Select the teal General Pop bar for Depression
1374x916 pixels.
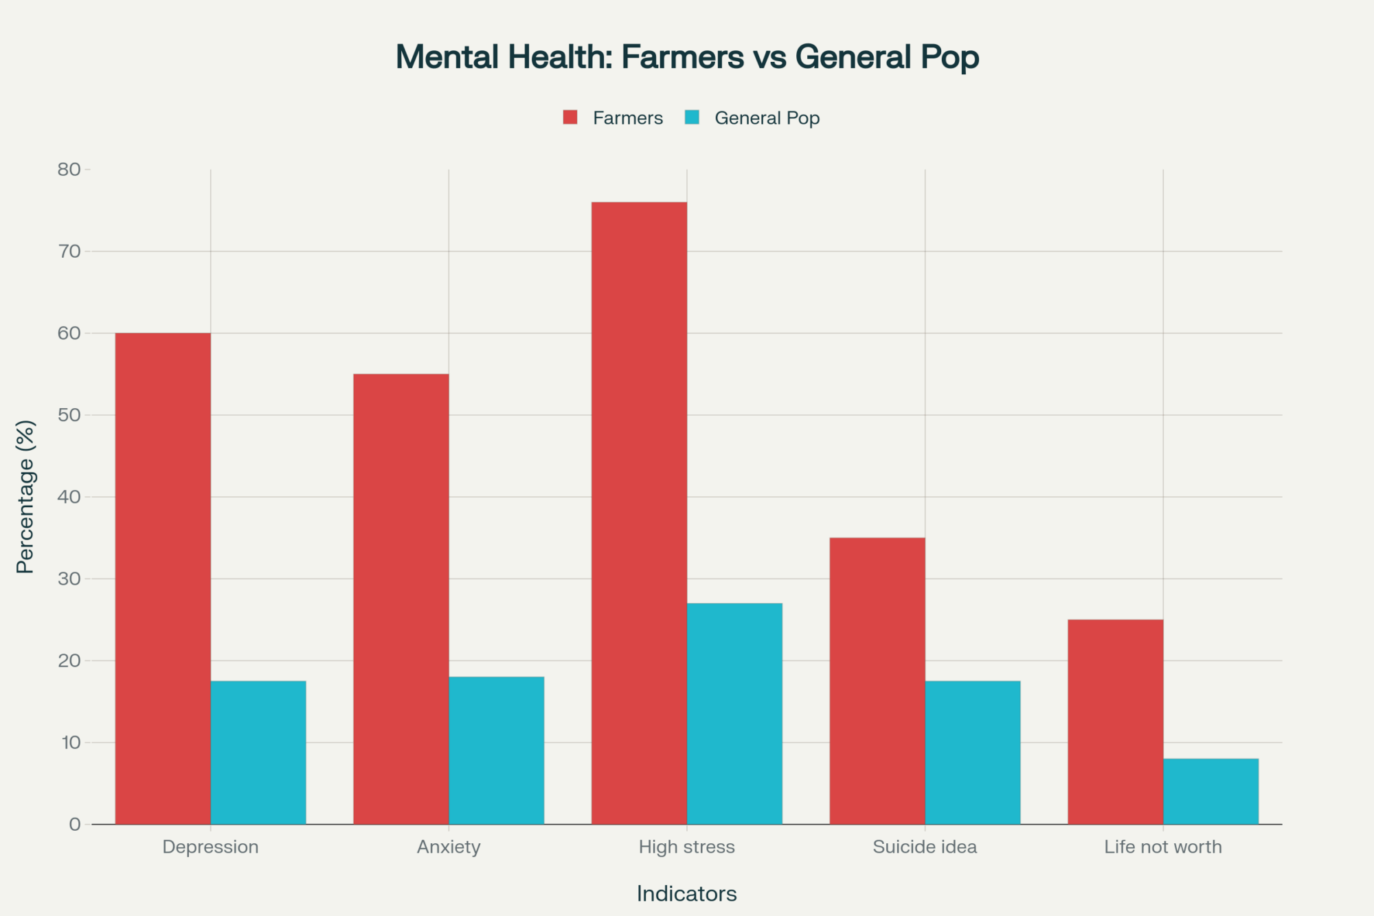click(x=258, y=752)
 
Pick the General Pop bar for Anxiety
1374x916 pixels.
click(x=497, y=750)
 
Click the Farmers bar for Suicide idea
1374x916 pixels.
click(x=877, y=681)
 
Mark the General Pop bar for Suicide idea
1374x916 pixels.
click(x=973, y=752)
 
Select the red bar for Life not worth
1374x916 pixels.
click(x=1115, y=722)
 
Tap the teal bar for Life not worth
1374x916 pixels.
click(x=1210, y=791)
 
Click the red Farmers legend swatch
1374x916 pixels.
click(x=570, y=118)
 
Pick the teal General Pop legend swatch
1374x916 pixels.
click(x=692, y=118)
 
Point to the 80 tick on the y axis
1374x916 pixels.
click(x=69, y=170)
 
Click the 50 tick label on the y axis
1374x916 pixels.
click(x=69, y=415)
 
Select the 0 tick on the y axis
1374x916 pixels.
click(x=75, y=825)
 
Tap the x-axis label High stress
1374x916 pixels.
click(x=686, y=847)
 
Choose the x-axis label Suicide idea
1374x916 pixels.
click(x=925, y=847)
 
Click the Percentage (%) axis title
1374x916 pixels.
click(x=25, y=496)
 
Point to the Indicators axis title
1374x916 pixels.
click(x=686, y=893)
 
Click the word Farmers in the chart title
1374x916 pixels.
click(x=682, y=57)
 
